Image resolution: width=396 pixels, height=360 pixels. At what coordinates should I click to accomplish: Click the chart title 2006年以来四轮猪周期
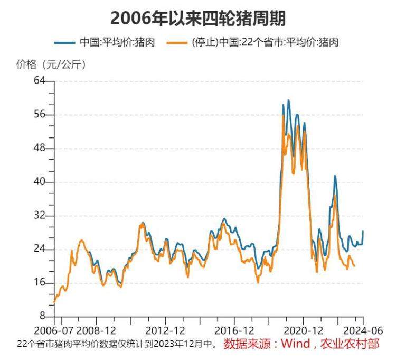[x=198, y=18]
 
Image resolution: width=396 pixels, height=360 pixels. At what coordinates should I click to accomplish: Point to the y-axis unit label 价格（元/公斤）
[x=51, y=64]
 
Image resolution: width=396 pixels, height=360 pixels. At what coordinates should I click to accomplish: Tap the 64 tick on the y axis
[x=41, y=81]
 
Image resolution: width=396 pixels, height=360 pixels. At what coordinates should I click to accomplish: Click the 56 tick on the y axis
[x=41, y=115]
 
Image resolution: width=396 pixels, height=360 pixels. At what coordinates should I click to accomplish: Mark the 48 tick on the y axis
[x=41, y=149]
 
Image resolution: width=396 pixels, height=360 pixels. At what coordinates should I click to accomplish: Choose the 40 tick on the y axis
[x=41, y=182]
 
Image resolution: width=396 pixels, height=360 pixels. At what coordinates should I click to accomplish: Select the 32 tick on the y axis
[x=41, y=216]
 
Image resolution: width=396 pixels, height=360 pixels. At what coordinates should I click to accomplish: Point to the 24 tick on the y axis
[x=41, y=250]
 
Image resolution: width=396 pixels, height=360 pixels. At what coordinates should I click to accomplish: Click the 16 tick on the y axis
[x=41, y=283]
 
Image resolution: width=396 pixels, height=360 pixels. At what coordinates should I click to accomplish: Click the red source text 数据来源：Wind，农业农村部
[x=301, y=344]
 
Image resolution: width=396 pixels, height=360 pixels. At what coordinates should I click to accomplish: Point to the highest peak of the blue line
[x=288, y=100]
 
